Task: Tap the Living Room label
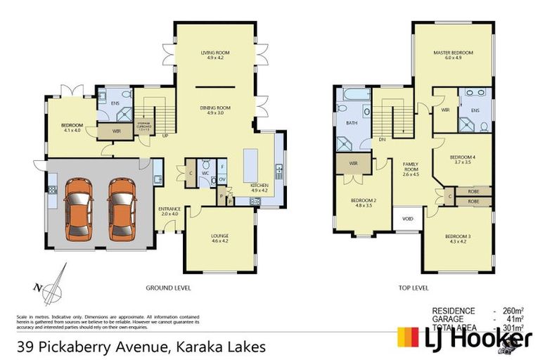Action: pyautogui.click(x=215, y=55)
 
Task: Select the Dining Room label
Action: pyautogui.click(x=215, y=110)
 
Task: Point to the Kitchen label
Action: pyautogui.click(x=259, y=188)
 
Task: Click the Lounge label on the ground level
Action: pyautogui.click(x=220, y=238)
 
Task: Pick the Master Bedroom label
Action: pyautogui.click(x=452, y=55)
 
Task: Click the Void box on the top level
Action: pyautogui.click(x=406, y=219)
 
